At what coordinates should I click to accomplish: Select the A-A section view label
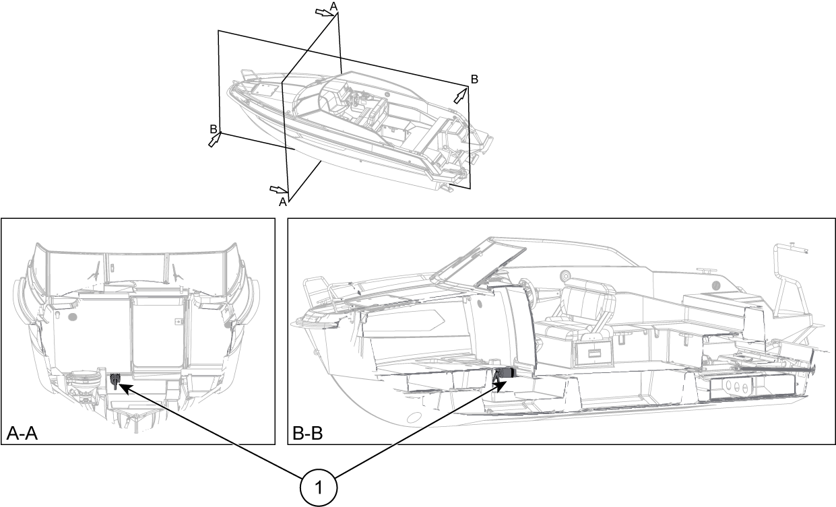point(22,434)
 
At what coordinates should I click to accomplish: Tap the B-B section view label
point(308,434)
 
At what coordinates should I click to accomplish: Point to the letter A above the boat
point(333,6)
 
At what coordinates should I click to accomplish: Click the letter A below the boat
point(284,201)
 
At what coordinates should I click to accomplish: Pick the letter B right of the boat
point(474,79)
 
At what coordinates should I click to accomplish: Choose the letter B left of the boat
point(213,129)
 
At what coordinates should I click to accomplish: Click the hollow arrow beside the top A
point(324,13)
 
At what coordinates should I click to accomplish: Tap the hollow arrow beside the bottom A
point(278,189)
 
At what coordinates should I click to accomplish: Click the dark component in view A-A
point(116,380)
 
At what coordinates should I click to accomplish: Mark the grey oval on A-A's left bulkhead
point(73,315)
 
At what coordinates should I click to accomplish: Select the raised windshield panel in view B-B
point(478,264)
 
